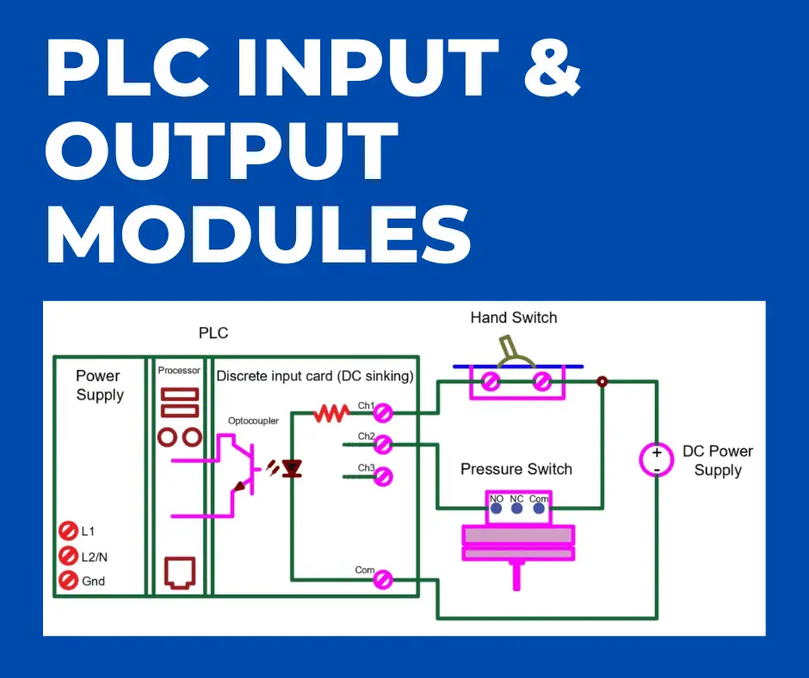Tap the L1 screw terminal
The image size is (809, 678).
pos(68,531)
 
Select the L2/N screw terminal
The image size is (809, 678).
pos(68,556)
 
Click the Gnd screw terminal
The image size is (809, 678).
pos(68,581)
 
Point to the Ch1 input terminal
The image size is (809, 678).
pos(384,414)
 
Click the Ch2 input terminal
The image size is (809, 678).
pos(384,444)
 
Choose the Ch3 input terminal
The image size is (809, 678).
pos(384,475)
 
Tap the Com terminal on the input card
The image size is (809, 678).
pos(384,580)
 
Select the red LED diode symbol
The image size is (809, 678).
pos(292,469)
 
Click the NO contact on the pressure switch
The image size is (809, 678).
pos(496,508)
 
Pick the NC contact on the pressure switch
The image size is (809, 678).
pos(517,508)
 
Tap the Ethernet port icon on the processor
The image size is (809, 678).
pos(180,571)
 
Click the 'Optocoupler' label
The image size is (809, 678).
pos(253,421)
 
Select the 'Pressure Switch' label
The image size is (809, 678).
pos(516,469)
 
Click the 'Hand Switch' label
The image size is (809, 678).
pos(513,317)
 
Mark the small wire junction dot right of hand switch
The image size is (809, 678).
pos(602,381)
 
